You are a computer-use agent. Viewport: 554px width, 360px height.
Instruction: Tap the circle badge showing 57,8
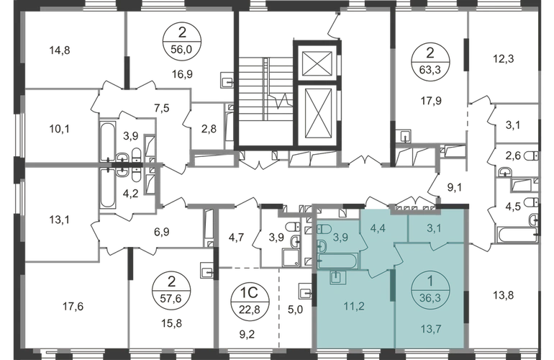pos(169,283)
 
